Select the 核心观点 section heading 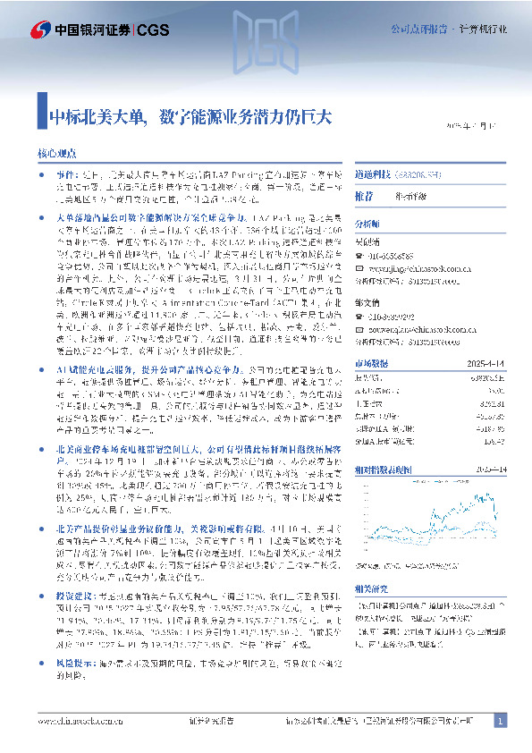(56, 154)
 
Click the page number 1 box (500, 721)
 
